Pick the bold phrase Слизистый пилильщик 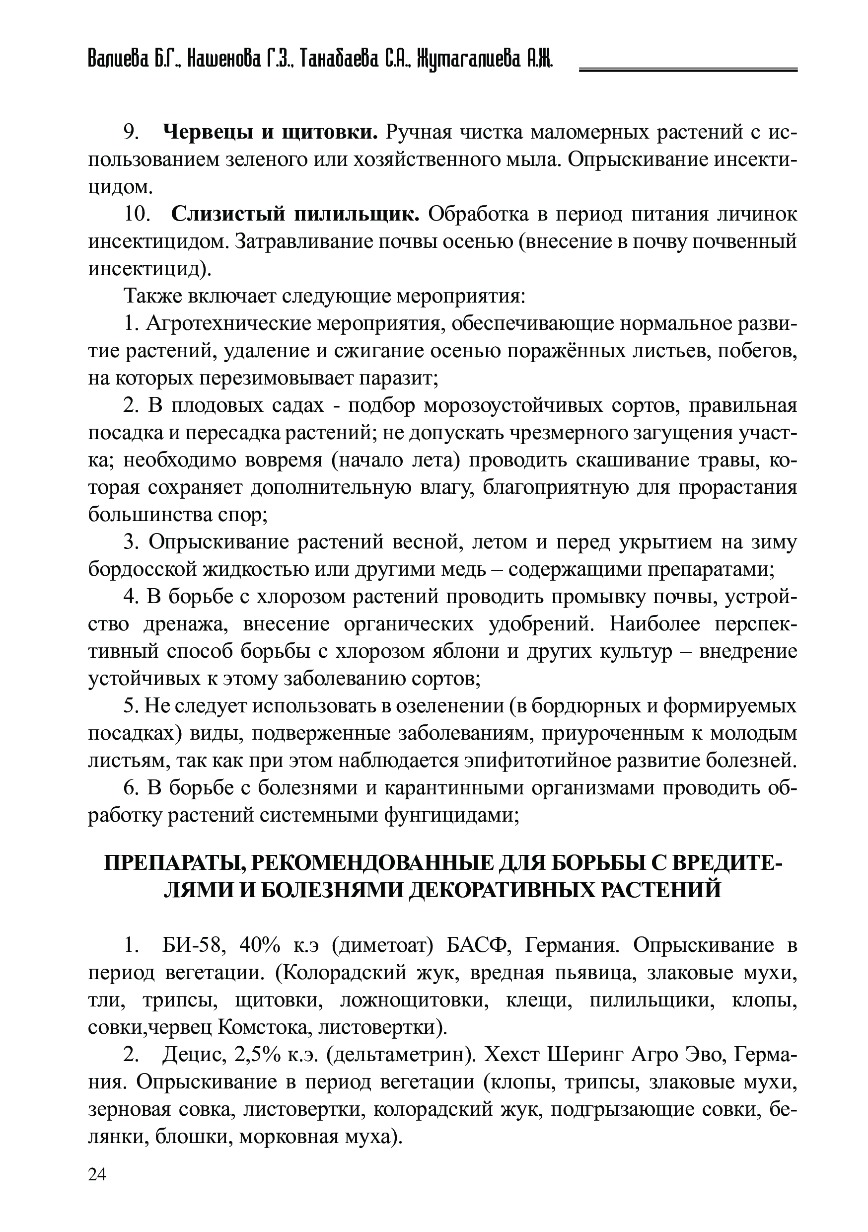[x=295, y=214]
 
